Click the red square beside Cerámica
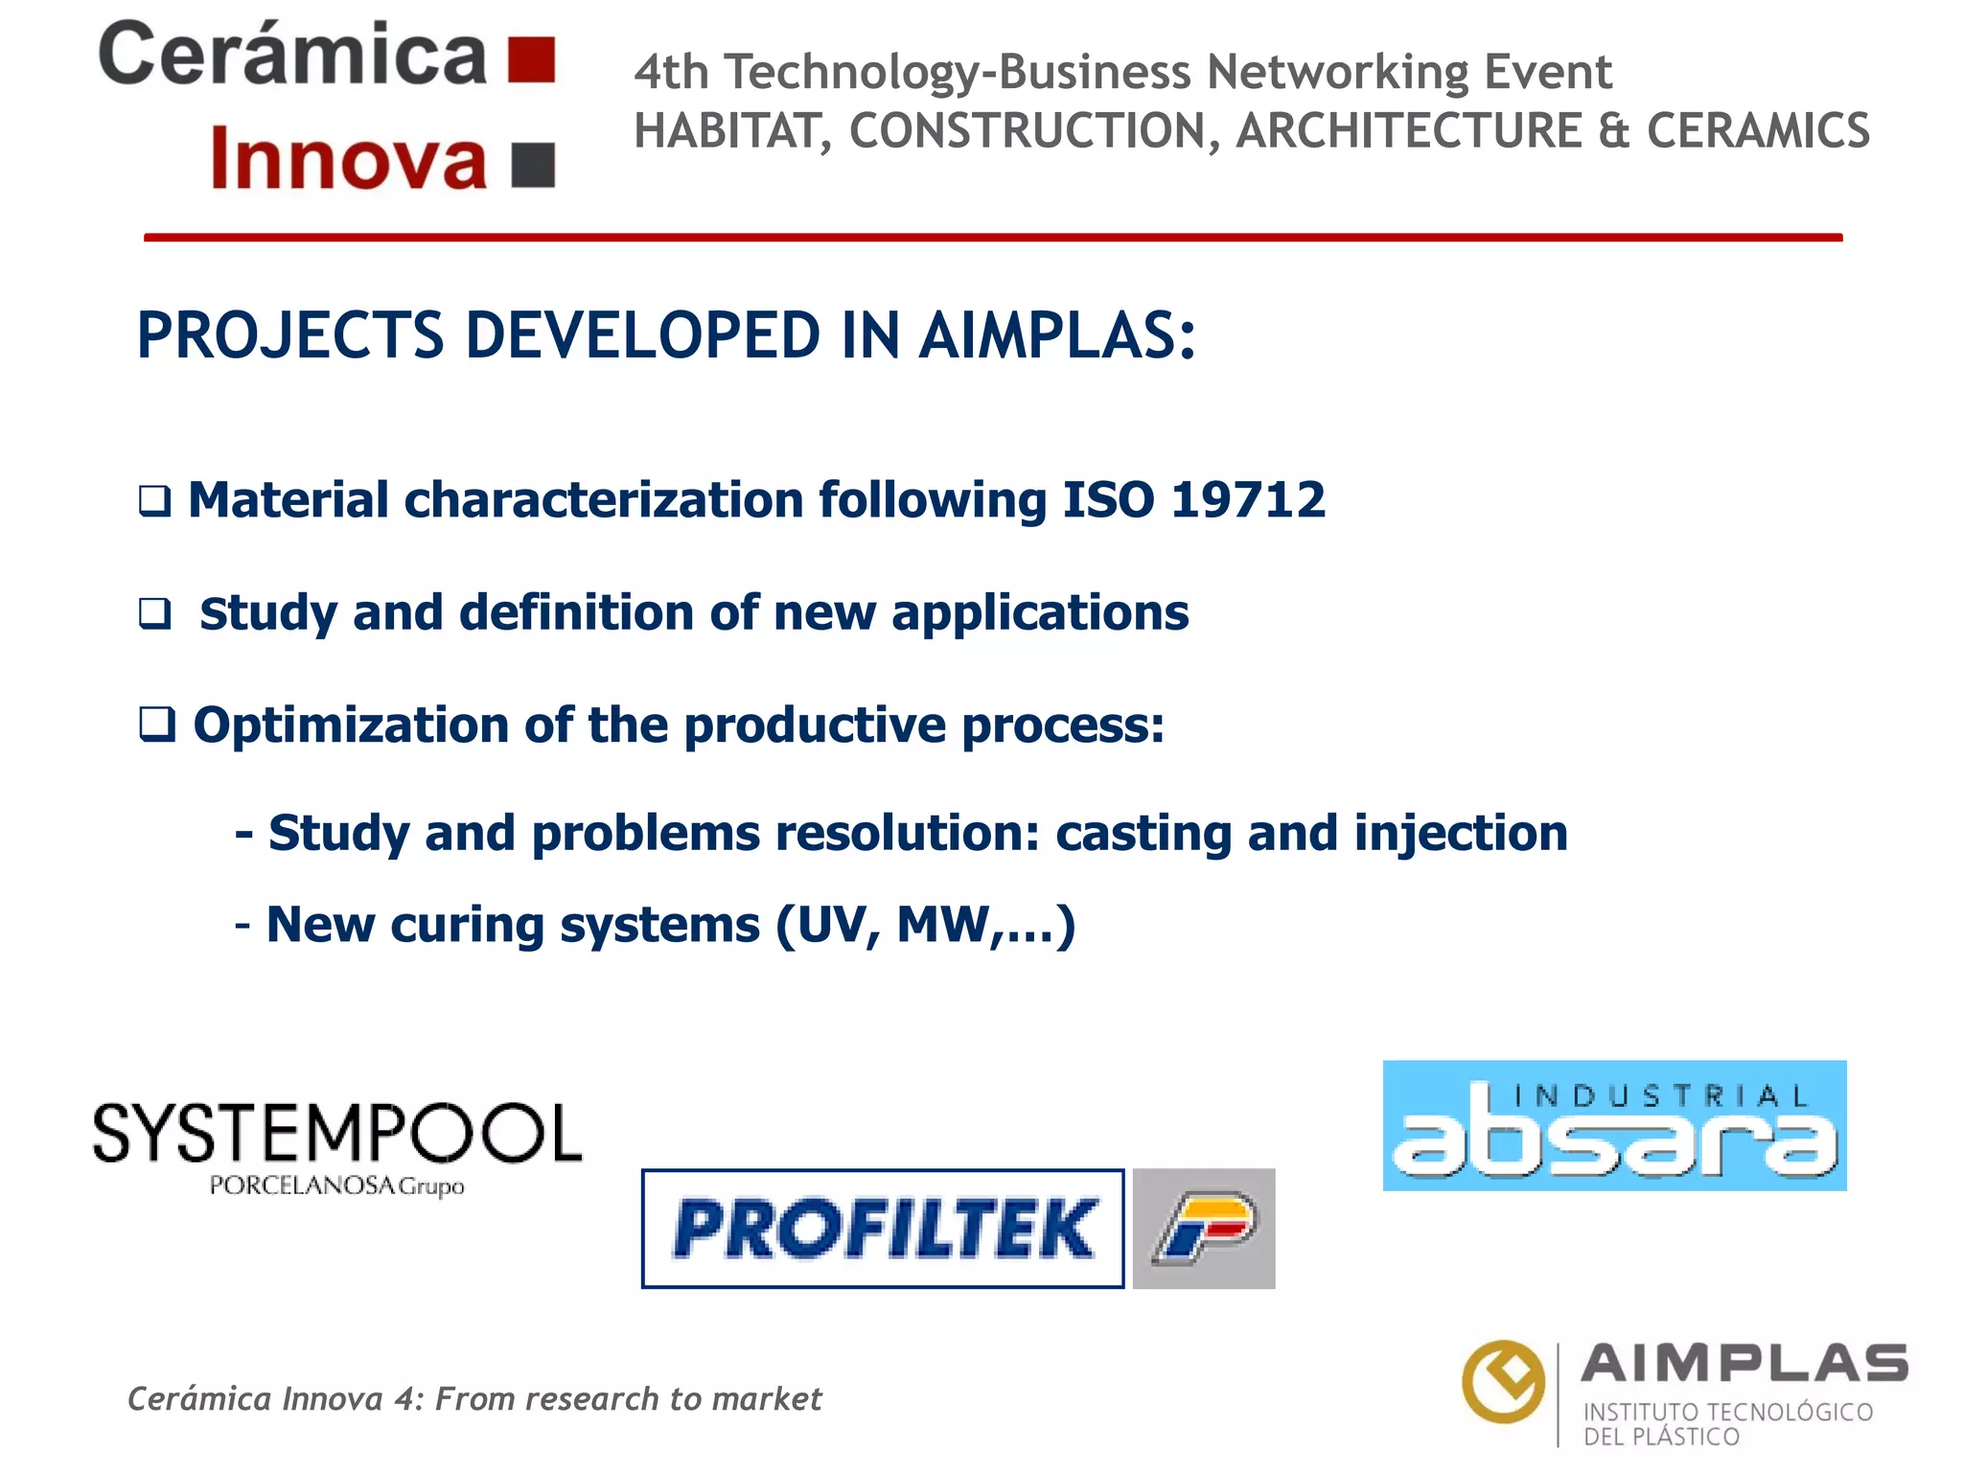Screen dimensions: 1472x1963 coord(532,60)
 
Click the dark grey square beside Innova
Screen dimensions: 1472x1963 coord(534,164)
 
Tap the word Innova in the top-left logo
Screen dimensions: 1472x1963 coord(349,159)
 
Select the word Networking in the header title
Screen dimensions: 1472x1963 coord(1336,72)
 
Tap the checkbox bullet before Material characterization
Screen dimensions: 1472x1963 coord(155,501)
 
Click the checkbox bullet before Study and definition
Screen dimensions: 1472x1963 coord(155,613)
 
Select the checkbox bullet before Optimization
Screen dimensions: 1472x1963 coord(157,724)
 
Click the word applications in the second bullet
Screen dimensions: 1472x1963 coord(1040,613)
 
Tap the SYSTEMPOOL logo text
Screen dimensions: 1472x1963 coord(337,1134)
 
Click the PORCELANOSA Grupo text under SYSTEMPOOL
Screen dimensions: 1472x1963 coord(336,1186)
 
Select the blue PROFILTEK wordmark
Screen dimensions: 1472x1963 coord(883,1229)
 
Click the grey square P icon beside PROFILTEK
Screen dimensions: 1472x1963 coord(1204,1229)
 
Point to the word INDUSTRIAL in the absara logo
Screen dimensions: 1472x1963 coord(1661,1096)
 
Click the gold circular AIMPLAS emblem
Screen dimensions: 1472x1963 coord(1503,1381)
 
